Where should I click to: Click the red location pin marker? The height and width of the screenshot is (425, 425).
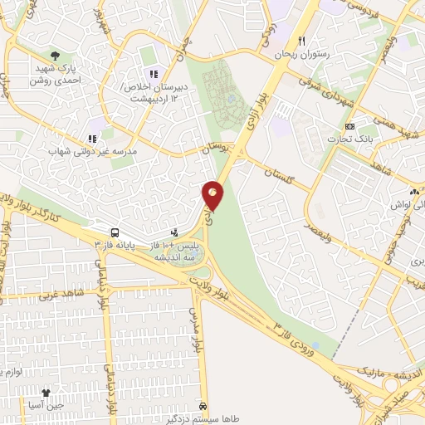[213, 196]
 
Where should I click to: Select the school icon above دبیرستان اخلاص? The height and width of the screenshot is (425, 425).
[153, 76]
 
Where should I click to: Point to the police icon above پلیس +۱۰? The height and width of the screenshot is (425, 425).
[174, 234]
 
